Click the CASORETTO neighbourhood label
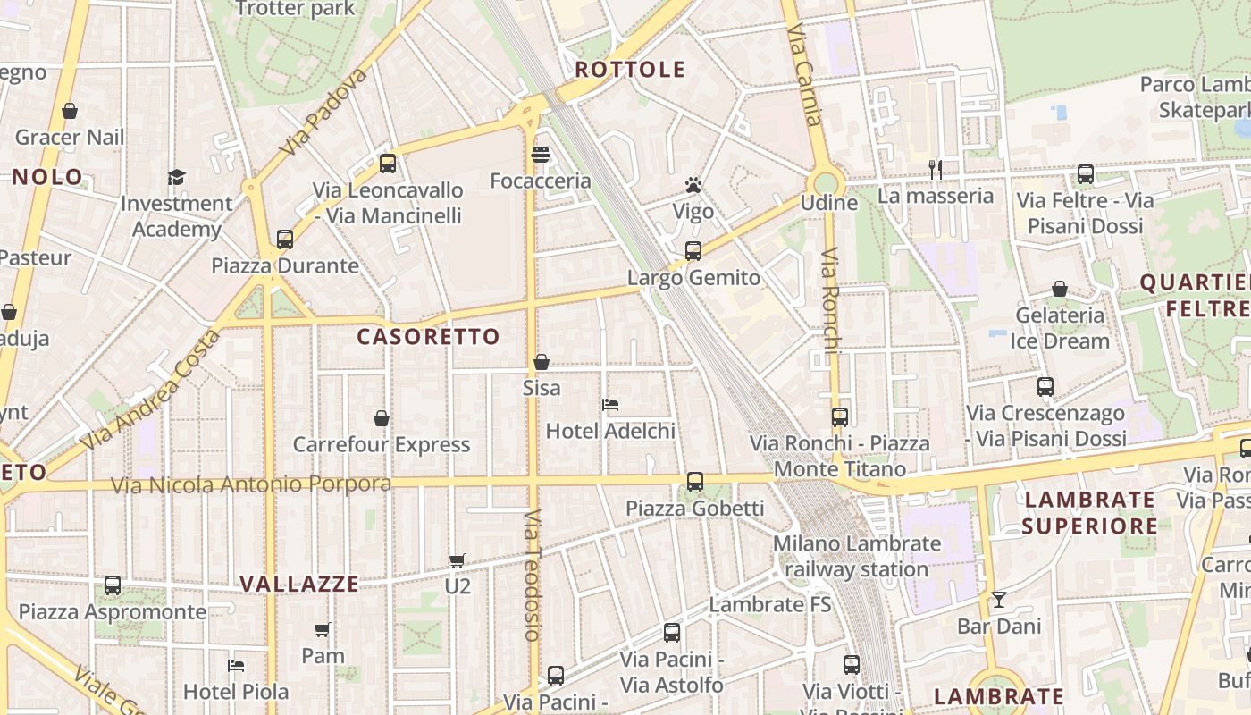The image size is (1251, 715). point(428,337)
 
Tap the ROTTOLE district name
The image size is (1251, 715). point(630,70)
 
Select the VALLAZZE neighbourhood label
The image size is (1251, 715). point(299,585)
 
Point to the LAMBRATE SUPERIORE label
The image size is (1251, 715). point(1090,512)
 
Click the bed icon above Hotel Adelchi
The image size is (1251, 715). point(610,405)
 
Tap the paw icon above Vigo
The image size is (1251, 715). point(693,185)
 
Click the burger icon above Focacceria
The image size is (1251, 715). point(540,155)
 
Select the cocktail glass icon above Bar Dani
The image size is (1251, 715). point(998,599)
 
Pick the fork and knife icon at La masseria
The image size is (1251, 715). point(936,169)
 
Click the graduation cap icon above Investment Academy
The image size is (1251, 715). point(176,177)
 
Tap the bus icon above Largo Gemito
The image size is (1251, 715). point(693,251)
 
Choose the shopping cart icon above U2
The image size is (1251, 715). point(458,560)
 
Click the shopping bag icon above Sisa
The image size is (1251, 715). point(542,362)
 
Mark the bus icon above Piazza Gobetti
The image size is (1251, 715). point(695,482)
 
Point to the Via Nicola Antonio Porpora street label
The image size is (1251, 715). point(251,484)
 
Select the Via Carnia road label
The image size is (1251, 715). point(804,75)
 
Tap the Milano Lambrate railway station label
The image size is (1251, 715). point(857,556)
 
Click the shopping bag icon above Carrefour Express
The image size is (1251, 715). point(382,418)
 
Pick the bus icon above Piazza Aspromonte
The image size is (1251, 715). point(113,585)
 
